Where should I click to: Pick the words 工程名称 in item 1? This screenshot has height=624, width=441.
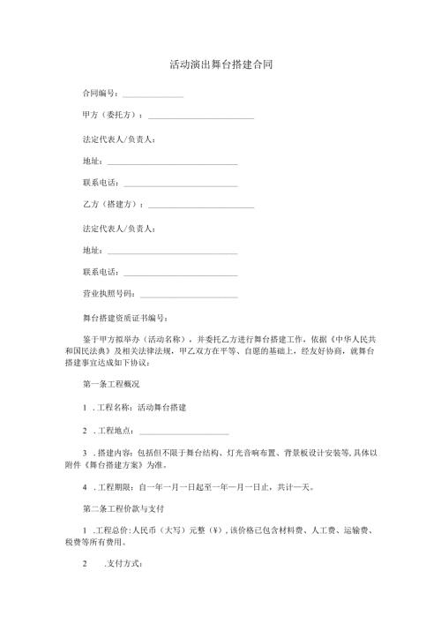pos(112,408)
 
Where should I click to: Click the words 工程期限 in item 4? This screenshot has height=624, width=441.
pos(112,486)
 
